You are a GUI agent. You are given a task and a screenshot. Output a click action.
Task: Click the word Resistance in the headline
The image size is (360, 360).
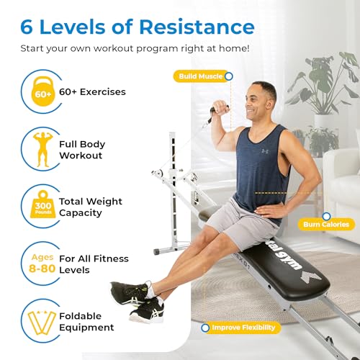tap(197, 27)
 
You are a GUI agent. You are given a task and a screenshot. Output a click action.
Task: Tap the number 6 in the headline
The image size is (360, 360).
tap(27, 27)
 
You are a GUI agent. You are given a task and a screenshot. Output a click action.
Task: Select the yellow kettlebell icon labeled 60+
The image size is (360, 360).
tap(43, 91)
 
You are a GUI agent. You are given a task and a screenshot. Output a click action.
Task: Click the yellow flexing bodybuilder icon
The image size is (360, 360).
tap(43, 149)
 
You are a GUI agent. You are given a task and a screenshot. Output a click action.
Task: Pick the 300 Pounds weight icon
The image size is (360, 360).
tap(43, 204)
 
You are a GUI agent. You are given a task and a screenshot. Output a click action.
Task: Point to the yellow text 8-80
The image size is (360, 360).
tap(42, 269)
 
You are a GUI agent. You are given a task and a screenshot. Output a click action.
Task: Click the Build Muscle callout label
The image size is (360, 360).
tap(201, 76)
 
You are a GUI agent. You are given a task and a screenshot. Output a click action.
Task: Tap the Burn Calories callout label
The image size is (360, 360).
tap(326, 225)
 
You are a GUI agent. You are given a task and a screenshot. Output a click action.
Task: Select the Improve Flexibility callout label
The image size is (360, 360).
tap(243, 328)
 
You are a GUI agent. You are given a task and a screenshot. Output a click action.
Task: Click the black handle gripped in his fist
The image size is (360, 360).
tap(215, 114)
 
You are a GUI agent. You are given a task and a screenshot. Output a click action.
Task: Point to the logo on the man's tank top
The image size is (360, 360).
tap(265, 151)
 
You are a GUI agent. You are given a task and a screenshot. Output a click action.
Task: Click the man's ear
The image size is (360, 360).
tap(271, 104)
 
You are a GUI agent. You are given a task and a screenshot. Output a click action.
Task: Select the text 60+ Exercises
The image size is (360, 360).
tap(92, 92)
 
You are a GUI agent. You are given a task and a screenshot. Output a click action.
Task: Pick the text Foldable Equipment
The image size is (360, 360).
tap(86, 322)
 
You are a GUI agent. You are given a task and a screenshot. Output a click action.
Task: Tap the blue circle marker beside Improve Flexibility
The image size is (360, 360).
tap(205, 328)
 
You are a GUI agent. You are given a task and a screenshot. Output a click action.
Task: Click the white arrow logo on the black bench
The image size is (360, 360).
tap(311, 276)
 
